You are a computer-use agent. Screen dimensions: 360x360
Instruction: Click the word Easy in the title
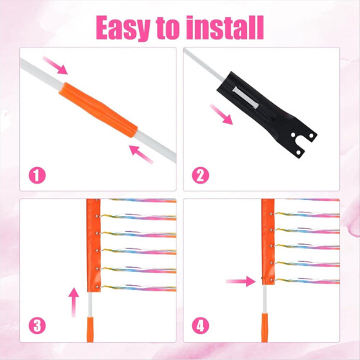coord(123,28)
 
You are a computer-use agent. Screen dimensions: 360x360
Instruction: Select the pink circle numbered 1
coord(37,176)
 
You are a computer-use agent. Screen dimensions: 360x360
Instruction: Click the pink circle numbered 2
coord(200,176)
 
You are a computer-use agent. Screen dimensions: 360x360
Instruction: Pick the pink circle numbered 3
coord(37,325)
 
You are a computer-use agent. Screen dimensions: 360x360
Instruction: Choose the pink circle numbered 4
coord(200,325)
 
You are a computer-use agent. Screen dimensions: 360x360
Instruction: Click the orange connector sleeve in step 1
coord(99,110)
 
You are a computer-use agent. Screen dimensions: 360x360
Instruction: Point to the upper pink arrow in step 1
coord(55,66)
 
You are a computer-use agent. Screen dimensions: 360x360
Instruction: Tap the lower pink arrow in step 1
coord(141,154)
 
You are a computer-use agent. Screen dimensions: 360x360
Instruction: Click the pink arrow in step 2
coord(221,114)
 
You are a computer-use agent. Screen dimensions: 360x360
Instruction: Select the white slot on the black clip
coord(246,98)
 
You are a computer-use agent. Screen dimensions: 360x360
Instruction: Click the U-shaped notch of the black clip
coord(300,143)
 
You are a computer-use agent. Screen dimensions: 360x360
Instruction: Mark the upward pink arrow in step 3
coord(73,302)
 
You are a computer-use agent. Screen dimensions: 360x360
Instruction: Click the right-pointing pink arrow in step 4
coord(241,281)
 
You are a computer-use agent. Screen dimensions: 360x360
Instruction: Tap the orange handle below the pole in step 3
coord(90,330)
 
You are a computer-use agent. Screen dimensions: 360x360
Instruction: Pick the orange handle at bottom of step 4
coord(265,328)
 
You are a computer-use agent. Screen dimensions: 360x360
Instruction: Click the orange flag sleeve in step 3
coord(94,246)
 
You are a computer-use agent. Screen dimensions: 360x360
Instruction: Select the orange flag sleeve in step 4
coord(268,242)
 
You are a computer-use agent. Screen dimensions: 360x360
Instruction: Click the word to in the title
coord(168,29)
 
